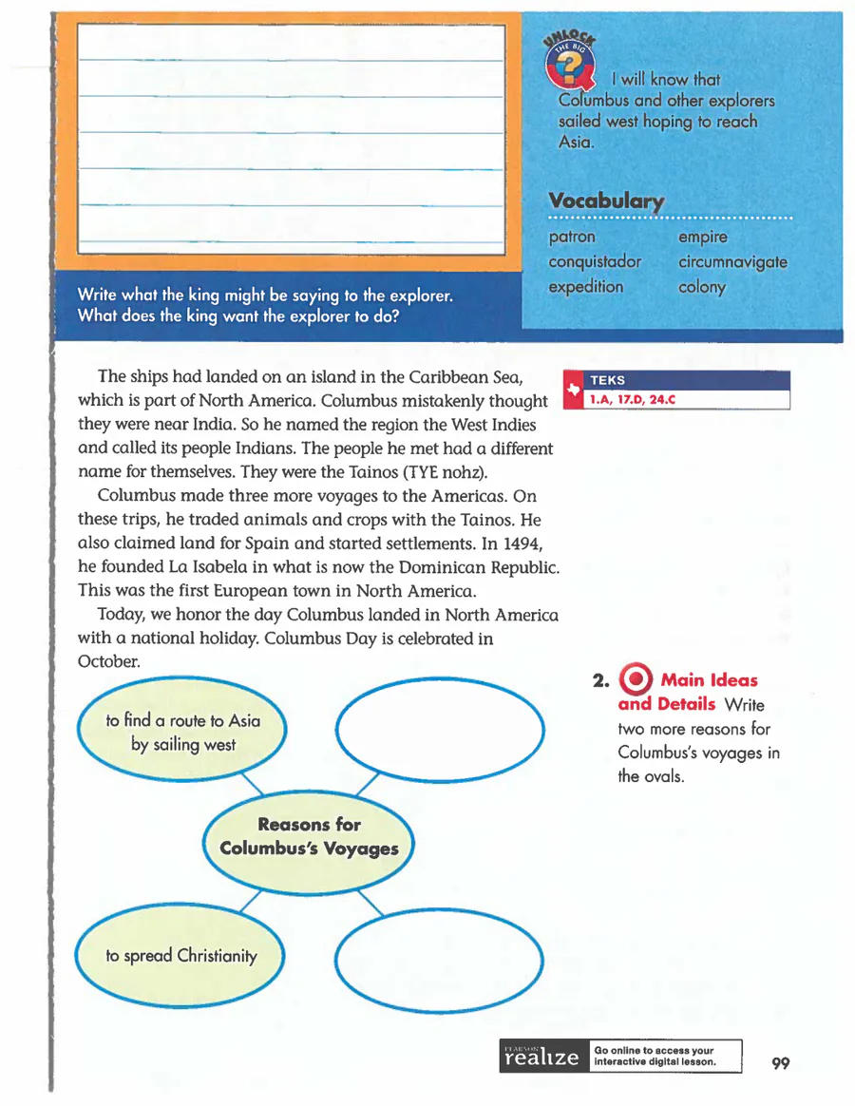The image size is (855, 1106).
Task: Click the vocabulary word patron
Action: [572, 237]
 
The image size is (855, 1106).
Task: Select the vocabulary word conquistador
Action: [595, 261]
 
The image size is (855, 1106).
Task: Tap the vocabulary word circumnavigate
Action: [732, 261]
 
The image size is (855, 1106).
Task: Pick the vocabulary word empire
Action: [703, 237]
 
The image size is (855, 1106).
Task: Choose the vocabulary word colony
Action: [702, 287]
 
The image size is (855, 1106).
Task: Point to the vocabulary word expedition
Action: [586, 287]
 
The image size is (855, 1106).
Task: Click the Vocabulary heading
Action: [605, 201]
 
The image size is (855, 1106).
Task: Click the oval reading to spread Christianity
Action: [180, 956]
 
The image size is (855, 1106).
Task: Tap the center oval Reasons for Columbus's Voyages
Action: [309, 836]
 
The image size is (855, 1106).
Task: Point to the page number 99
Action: [781, 1063]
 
